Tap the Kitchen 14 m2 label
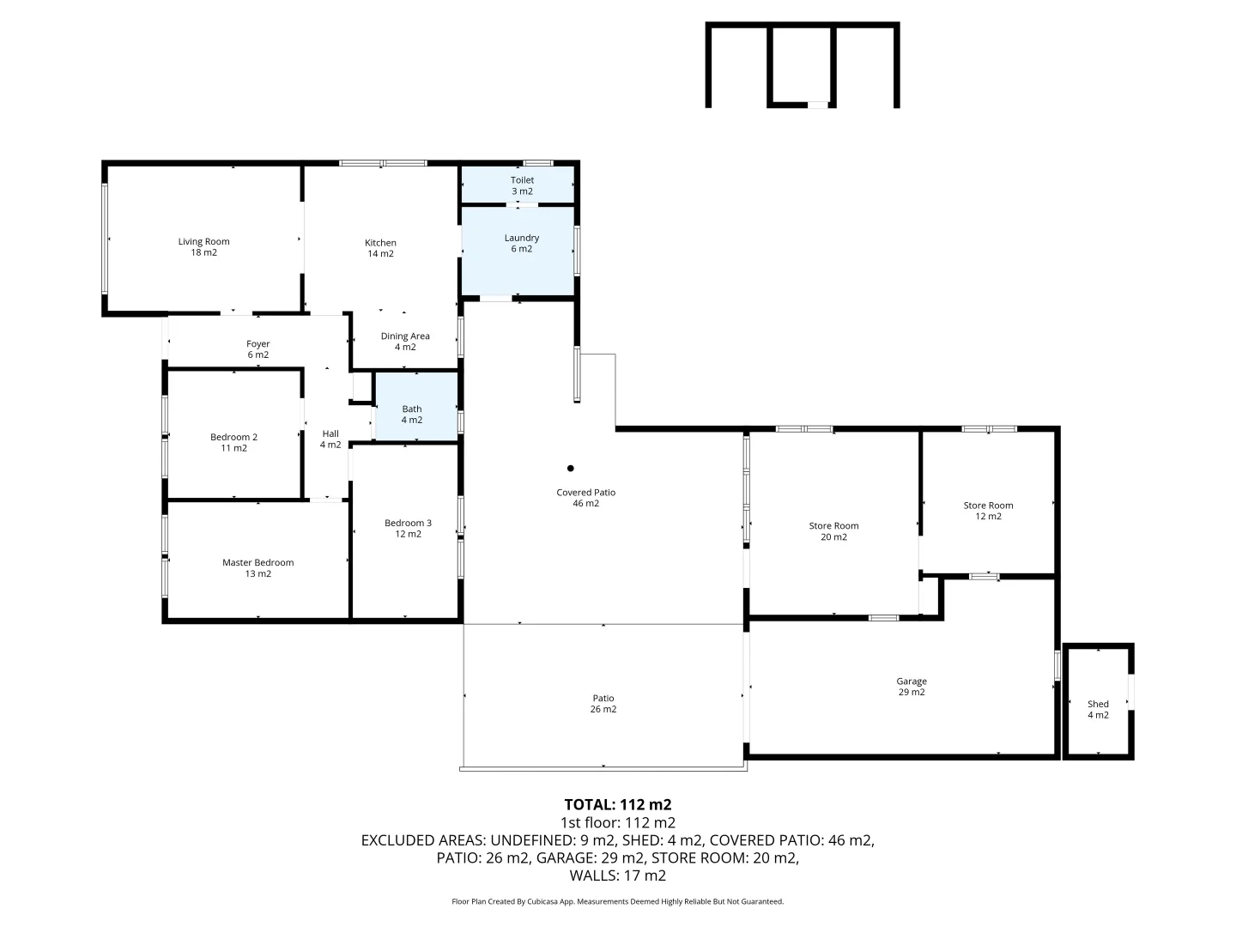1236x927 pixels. click(x=380, y=248)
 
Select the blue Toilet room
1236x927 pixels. click(x=518, y=185)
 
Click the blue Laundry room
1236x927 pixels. click(x=518, y=254)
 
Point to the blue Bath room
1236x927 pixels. click(x=416, y=407)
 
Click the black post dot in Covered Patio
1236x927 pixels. click(x=570, y=469)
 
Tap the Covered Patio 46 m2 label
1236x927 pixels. click(x=585, y=498)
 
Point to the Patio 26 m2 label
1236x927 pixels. click(x=603, y=704)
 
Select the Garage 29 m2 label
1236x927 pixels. click(x=912, y=687)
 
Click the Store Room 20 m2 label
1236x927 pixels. click(x=833, y=531)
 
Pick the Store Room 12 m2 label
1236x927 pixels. click(x=988, y=511)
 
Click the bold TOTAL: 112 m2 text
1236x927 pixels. click(x=617, y=805)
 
